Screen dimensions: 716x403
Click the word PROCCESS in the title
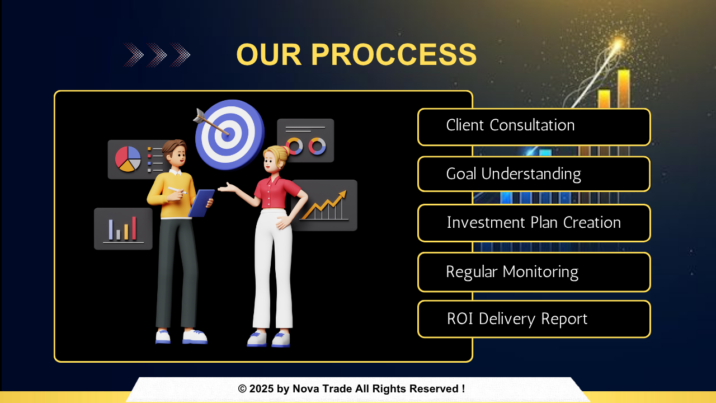click(x=394, y=54)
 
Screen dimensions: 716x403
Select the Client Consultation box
click(x=534, y=127)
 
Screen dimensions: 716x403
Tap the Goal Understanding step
click(x=534, y=174)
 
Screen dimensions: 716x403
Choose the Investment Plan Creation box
click(x=534, y=223)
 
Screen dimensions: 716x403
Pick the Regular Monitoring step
click(x=534, y=272)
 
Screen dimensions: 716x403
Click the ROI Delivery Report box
click(x=534, y=319)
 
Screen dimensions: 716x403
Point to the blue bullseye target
click(x=230, y=134)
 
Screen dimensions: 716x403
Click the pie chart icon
click(x=128, y=159)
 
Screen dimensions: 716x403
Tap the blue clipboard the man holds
click(x=201, y=203)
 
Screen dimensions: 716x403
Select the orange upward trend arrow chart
click(x=324, y=205)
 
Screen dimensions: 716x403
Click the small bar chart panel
click(x=123, y=229)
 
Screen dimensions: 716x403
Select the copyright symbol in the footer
click(x=242, y=389)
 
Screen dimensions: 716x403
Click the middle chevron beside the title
click(x=157, y=55)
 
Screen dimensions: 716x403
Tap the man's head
click(x=175, y=153)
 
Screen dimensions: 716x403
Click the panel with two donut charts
click(x=305, y=140)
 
